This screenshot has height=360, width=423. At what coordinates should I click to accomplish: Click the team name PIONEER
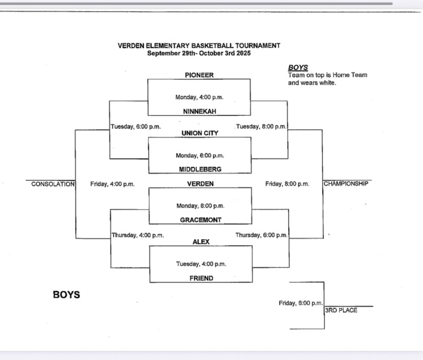point(199,75)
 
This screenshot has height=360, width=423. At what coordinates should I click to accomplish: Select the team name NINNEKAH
point(200,111)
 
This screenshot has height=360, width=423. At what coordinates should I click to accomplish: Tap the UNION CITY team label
point(200,133)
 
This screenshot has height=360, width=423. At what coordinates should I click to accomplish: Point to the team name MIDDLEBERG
point(200,169)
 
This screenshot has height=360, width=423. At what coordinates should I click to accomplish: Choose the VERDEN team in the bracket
point(200,184)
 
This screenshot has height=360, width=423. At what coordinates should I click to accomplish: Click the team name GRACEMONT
point(200,220)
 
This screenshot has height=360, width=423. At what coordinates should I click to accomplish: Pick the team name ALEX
point(201,242)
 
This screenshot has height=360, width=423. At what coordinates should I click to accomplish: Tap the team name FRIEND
point(201,278)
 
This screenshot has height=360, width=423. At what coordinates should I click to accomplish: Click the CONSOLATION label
point(52,184)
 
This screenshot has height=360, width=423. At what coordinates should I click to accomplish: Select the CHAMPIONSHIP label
point(346,184)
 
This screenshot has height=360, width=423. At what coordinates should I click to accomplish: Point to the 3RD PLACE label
point(341,310)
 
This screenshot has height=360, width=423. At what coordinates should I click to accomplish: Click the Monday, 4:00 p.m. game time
point(199,97)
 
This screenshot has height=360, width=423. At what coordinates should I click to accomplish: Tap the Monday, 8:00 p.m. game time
point(200,206)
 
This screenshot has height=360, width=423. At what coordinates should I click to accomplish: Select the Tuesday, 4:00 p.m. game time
point(201,264)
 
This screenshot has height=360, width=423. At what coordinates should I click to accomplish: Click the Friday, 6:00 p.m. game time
point(301,304)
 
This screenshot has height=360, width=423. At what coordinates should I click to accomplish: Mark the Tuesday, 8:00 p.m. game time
point(261,126)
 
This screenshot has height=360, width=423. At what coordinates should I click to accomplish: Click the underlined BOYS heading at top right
point(298,68)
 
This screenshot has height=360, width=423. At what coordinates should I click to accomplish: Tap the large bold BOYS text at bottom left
point(67,295)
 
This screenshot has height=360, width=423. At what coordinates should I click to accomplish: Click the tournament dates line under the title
point(199,54)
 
